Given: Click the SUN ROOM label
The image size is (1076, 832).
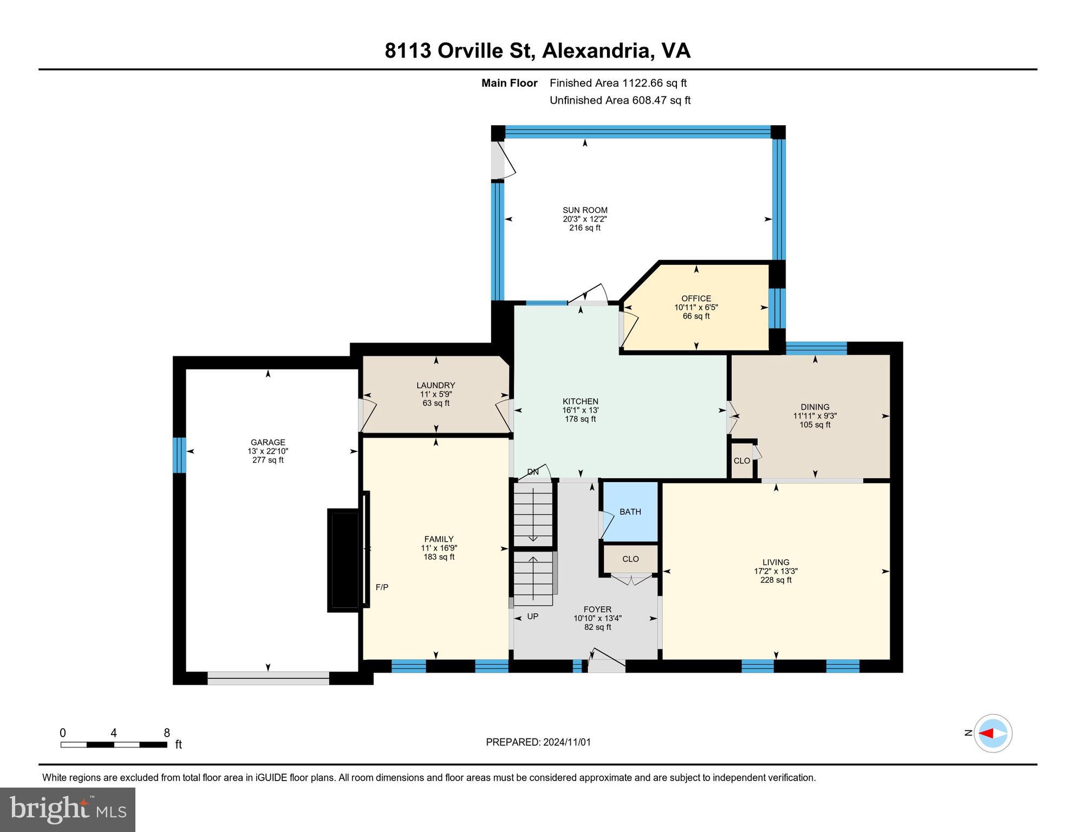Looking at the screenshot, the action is point(585,210).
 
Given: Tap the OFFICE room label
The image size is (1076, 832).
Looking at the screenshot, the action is point(696,298).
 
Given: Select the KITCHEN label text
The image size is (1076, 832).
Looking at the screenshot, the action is point(581,401).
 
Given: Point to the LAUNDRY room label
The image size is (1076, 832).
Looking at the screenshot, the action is point(436,386).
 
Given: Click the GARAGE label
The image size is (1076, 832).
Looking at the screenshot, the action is point(268,443).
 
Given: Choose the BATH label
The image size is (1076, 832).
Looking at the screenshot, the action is point(630,512).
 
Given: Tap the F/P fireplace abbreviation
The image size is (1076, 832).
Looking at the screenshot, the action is point(382,587).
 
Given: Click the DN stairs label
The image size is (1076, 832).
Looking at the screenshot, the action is point(533,472).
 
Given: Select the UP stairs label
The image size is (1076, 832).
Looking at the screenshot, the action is point(533,616).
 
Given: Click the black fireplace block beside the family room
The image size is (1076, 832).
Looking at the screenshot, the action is point(343,561).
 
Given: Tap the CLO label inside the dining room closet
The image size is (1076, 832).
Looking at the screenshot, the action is point(742,461).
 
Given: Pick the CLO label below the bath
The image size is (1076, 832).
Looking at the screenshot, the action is point(631,559).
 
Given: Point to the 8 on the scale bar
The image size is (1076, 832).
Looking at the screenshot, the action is point(167,733).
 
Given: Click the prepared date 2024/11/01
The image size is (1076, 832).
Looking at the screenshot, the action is point(565,742).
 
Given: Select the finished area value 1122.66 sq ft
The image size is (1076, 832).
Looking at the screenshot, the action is point(654,83).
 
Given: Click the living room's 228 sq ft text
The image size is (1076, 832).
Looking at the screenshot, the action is point(776,580).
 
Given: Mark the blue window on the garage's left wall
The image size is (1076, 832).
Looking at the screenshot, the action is point(179,455).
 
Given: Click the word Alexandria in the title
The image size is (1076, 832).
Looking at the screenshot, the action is point(596,51).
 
